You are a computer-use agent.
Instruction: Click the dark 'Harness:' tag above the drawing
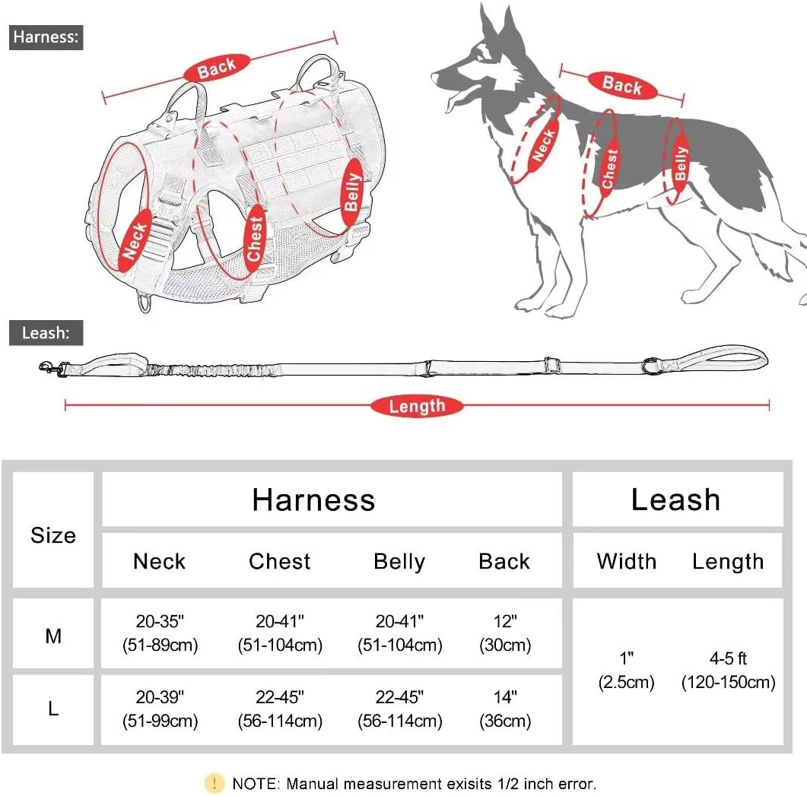click(46, 37)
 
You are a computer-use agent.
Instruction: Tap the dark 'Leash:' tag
click(46, 333)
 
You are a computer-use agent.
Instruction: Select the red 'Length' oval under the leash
click(417, 406)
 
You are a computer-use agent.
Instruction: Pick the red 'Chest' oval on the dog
click(609, 168)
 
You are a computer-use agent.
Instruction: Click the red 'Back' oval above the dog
click(621, 85)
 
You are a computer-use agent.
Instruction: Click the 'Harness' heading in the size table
click(313, 499)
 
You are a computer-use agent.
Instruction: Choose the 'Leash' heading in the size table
click(675, 499)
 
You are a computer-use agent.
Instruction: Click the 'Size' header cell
click(53, 535)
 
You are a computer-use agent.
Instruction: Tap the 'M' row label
click(53, 635)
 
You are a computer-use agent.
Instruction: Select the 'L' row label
click(53, 709)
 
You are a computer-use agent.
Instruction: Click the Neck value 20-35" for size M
click(160, 633)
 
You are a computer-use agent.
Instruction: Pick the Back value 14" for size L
click(504, 708)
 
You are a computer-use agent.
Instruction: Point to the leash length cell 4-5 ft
click(728, 671)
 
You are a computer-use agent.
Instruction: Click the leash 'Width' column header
click(626, 561)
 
